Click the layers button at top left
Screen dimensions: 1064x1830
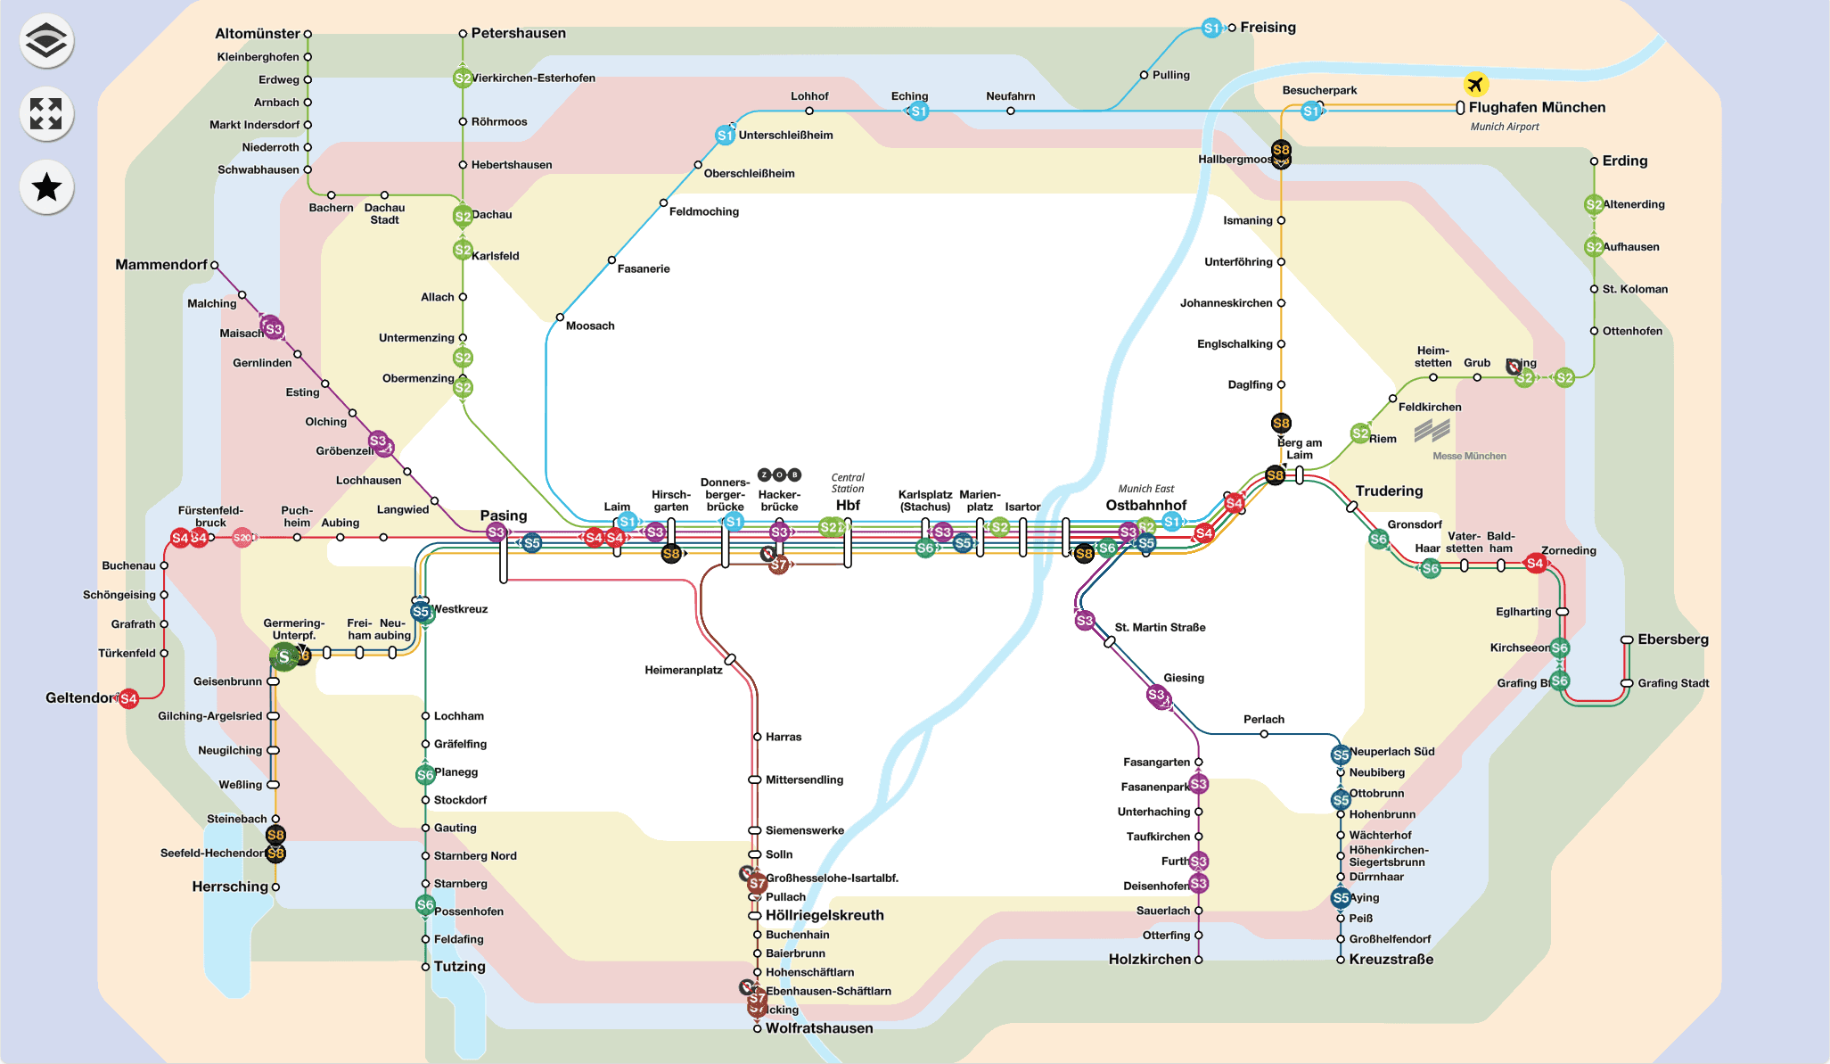(46, 41)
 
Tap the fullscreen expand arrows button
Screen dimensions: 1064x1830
(46, 114)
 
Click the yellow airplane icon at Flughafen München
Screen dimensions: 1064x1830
(1475, 85)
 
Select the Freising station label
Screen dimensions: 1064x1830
(1268, 28)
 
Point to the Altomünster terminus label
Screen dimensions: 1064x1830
(257, 34)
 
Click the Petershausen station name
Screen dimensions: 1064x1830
(518, 34)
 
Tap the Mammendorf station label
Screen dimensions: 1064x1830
(160, 265)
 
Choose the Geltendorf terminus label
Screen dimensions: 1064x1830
(81, 698)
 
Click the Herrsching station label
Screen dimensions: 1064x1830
(229, 887)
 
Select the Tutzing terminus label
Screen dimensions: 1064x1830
(459, 967)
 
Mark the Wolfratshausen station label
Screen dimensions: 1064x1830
(818, 1028)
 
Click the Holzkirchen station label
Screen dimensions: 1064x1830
(1149, 960)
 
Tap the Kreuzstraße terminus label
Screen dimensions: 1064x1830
(1391, 960)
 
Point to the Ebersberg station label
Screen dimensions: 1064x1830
(1672, 639)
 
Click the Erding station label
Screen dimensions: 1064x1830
(1624, 161)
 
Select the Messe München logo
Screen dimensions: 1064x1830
(1432, 432)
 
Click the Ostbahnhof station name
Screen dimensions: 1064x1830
(1145, 506)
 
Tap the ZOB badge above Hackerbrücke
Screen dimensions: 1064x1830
(779, 474)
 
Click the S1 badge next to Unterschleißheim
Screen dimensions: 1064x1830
(725, 136)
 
